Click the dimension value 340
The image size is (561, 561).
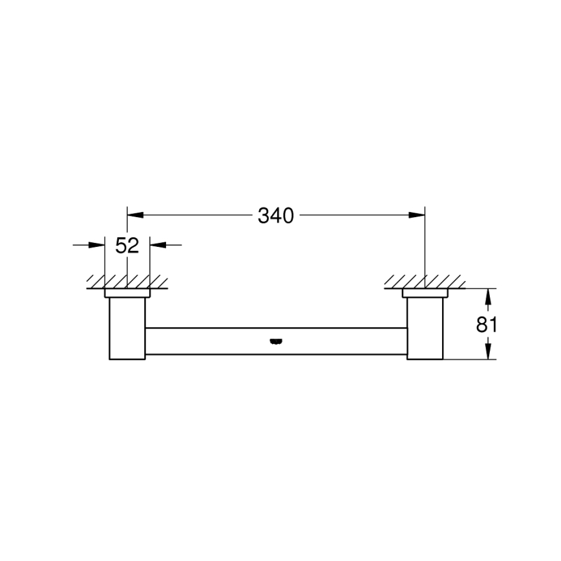tap(276, 216)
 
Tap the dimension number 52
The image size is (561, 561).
tap(127, 246)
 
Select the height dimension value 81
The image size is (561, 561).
tap(487, 324)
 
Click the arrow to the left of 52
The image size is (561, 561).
tap(97, 245)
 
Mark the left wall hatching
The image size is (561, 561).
tap(127, 282)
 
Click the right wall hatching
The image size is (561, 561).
tap(424, 282)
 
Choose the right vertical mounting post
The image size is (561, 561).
tap(425, 328)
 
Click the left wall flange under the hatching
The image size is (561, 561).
tap(127, 293)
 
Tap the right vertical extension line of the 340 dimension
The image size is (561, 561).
tap(425, 246)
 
